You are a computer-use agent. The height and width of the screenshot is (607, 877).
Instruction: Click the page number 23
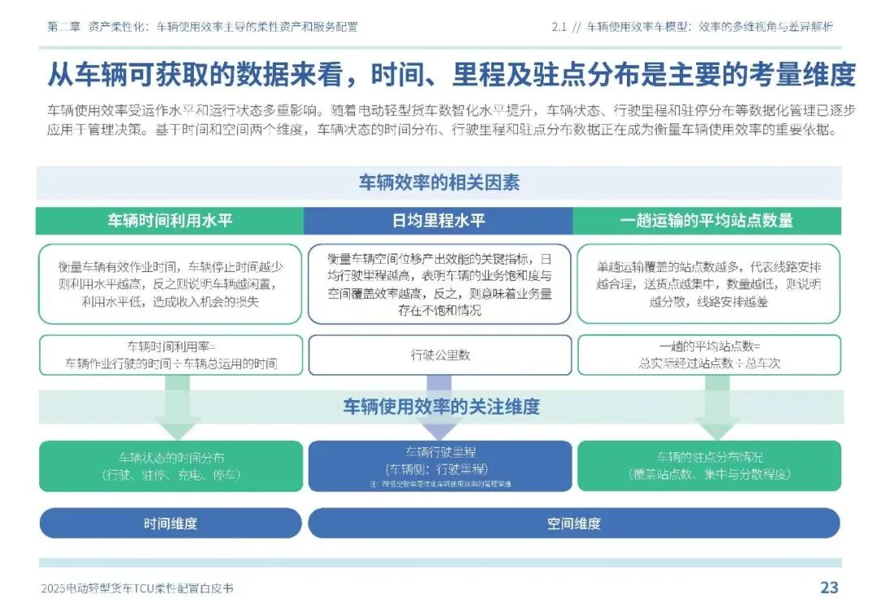click(828, 588)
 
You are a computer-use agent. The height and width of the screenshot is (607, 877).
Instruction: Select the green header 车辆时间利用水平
click(170, 220)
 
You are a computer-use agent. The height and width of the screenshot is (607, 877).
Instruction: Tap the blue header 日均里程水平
click(438, 220)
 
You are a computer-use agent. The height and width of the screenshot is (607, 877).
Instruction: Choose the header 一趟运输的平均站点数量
click(706, 220)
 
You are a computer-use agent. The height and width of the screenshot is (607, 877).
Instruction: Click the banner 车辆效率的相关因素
click(438, 183)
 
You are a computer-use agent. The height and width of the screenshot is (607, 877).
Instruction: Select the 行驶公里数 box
click(439, 355)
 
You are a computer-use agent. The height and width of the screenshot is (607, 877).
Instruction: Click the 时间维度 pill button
click(171, 523)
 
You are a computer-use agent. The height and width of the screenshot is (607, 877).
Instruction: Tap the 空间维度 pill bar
click(573, 523)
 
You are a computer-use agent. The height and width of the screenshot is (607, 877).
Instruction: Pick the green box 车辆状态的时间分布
click(171, 466)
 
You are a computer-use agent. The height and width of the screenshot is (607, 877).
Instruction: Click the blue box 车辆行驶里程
click(439, 466)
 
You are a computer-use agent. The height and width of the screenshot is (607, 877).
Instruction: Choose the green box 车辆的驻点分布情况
click(709, 466)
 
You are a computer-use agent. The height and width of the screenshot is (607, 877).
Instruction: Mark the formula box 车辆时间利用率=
click(171, 355)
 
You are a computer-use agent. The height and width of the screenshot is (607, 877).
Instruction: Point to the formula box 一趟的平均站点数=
click(709, 355)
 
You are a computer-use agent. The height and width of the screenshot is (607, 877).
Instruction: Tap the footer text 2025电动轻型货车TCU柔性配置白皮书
click(141, 588)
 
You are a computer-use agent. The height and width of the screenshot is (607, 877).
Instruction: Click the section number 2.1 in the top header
click(558, 26)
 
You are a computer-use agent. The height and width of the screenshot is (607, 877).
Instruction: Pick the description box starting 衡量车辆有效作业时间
click(171, 284)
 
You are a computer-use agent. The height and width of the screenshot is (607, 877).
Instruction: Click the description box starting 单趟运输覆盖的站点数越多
click(709, 284)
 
